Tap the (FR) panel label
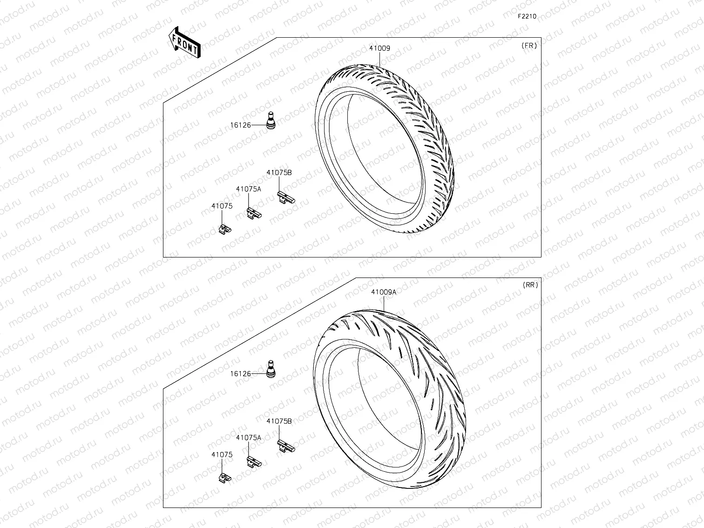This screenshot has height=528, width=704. coord(529,46)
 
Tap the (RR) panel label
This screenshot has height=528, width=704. coord(530,285)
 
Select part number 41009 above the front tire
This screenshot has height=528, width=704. coord(379,48)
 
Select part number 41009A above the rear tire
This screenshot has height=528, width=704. coord(384,292)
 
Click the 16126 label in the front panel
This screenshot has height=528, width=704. coord(240,125)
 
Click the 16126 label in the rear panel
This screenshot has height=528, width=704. coord(240,374)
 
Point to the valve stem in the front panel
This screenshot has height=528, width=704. coord(270,120)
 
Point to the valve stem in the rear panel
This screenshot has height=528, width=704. coord(270,368)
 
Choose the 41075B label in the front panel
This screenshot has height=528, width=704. coord(279,173)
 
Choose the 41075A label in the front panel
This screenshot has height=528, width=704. coord(248,189)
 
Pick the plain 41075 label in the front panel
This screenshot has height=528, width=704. coord(222,206)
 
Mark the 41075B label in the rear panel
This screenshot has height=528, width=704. coord(279,421)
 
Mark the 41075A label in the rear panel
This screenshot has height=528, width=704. coord(248,438)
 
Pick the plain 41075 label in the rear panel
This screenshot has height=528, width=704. coord(222,454)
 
